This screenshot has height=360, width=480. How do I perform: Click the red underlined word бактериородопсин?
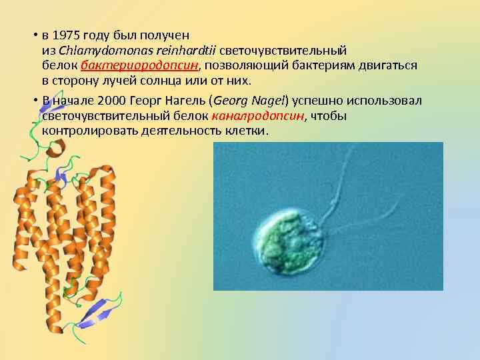click(x=141, y=65)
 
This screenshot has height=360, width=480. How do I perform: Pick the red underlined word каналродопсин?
click(x=257, y=116)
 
